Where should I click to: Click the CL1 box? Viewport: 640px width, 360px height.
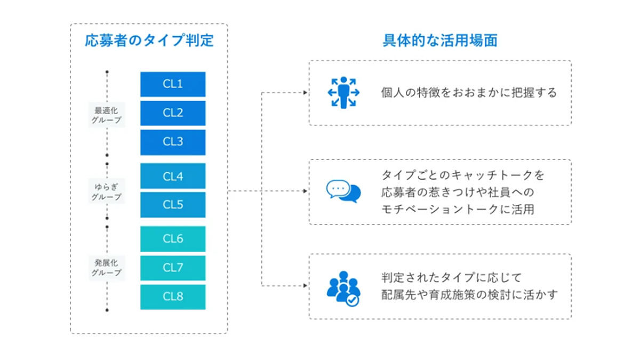tap(173, 84)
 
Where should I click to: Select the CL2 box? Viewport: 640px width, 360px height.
tap(173, 113)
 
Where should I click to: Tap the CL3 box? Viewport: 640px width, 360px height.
tap(173, 142)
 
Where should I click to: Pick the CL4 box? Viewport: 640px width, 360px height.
tap(173, 176)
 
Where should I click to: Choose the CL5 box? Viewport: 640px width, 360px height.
tap(173, 205)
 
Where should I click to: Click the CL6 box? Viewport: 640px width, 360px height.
tap(173, 239)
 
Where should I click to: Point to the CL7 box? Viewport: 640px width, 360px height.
tap(173, 268)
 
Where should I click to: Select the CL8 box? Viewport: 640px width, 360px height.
tap(173, 297)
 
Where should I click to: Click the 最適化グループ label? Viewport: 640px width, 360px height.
tap(107, 115)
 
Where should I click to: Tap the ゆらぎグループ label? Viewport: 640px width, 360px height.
tap(107, 191)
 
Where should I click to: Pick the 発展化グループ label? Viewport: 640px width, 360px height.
tap(107, 268)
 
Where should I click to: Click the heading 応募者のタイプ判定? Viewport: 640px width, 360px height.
tap(149, 41)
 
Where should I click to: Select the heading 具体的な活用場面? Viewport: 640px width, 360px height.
tap(441, 41)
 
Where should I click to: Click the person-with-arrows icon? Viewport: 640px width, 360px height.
tap(343, 93)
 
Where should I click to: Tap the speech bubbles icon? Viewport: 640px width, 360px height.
tap(343, 191)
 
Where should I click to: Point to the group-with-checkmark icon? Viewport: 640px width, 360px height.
tap(343, 289)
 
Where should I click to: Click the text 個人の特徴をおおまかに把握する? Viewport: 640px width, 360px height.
tap(469, 93)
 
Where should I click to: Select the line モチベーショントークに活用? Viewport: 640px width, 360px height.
tap(458, 210)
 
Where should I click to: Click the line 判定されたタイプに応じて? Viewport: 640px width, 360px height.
tap(451, 277)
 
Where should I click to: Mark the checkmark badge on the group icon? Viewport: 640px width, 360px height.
tap(353, 300)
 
